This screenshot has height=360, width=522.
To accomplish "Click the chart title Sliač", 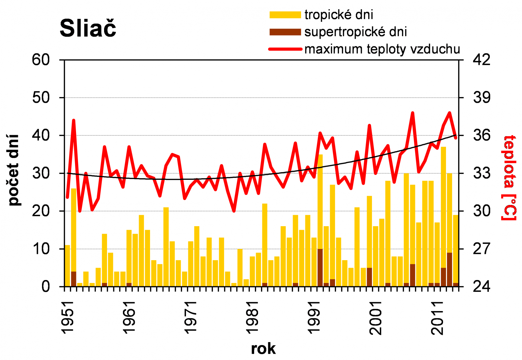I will pyautogui.click(x=88, y=28).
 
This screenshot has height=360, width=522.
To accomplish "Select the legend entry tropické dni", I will pyautogui.click(x=338, y=15).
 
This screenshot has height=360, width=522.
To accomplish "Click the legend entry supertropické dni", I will pyautogui.click(x=355, y=32).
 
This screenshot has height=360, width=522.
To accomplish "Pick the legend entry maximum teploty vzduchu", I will pyautogui.click(x=382, y=49).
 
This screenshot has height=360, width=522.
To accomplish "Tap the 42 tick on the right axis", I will pyautogui.click(x=481, y=60).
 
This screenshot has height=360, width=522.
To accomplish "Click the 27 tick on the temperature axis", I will pyautogui.click(x=481, y=249).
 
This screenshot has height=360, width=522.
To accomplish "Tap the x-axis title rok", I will pyautogui.click(x=263, y=349).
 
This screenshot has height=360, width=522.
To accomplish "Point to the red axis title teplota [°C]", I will pyautogui.click(x=510, y=178).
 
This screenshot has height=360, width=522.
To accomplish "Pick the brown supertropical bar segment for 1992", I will pyautogui.click(x=320, y=268).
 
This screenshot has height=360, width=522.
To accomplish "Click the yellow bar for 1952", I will pyautogui.click(x=74, y=228).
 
